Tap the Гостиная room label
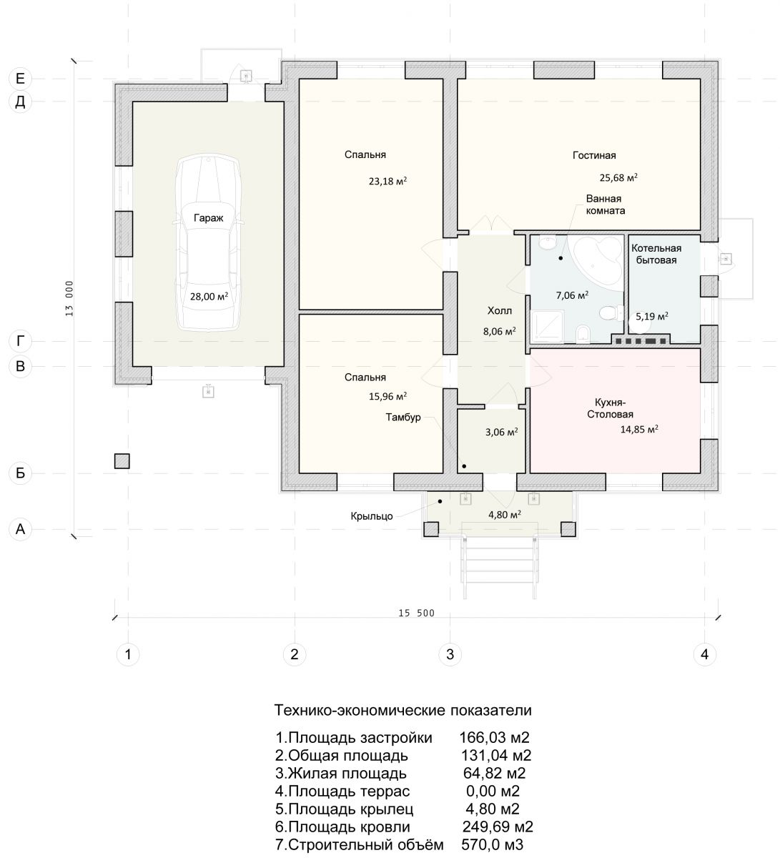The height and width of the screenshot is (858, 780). [x=594, y=156]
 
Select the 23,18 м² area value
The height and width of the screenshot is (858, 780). [x=387, y=181]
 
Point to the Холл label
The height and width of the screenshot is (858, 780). [x=499, y=311]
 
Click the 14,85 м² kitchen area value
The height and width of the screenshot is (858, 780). [x=639, y=429]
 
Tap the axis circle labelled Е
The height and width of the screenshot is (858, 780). [x=20, y=79]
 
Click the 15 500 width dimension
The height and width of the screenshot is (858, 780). [x=416, y=613]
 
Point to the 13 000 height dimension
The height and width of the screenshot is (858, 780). [x=69, y=299]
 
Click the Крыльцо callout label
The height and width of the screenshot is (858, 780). [x=371, y=516]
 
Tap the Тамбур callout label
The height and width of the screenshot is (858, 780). [x=403, y=417]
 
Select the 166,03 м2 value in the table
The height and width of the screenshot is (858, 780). [x=494, y=737]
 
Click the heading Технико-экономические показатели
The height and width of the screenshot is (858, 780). [x=403, y=711]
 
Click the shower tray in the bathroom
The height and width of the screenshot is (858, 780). [x=547, y=327]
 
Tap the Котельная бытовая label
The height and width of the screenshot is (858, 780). [x=656, y=254]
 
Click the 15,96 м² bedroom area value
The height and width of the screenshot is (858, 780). [x=387, y=396]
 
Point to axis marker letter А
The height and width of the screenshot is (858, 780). [x=20, y=530]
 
